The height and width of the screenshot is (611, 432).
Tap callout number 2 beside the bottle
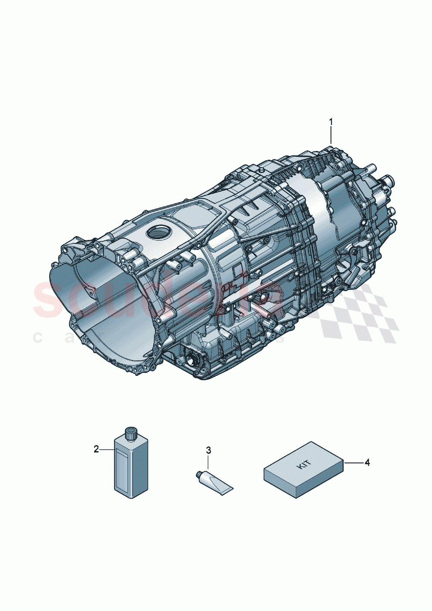[x=96, y=449]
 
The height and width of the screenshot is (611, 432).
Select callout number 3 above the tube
[x=209, y=450]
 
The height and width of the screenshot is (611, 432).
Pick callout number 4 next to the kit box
[x=367, y=462]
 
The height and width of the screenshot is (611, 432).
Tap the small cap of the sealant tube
[x=199, y=473]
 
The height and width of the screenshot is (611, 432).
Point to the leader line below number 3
[x=209, y=462]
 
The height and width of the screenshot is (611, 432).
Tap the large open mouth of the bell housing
[x=100, y=305]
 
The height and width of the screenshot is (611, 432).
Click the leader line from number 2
[x=107, y=449]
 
